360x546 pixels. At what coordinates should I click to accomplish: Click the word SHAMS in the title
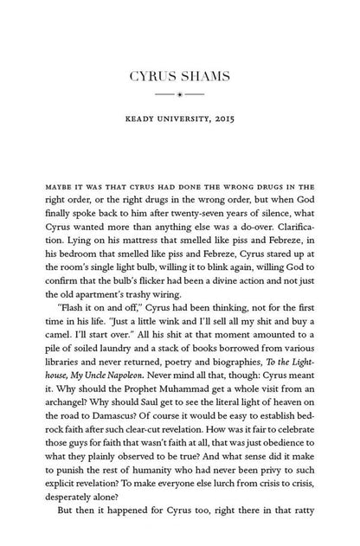tap(203, 78)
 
